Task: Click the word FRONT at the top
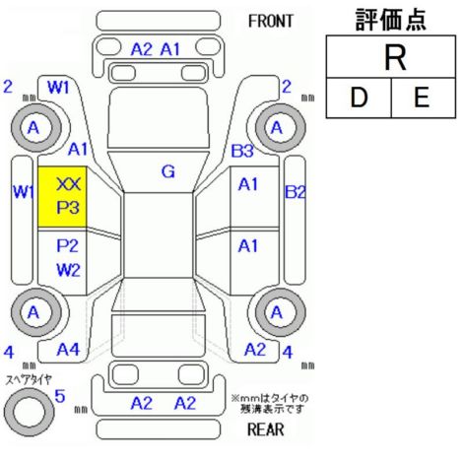[270, 22]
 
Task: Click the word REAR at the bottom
[265, 430]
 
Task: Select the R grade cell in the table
[391, 57]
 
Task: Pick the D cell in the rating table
[359, 98]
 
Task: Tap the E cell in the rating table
[424, 98]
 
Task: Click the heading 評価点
[391, 20]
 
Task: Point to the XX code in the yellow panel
[68, 184]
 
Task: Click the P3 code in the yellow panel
[68, 208]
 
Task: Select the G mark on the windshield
[168, 171]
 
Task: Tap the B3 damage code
[242, 151]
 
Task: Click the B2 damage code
[295, 192]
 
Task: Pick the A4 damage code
[68, 350]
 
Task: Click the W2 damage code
[68, 270]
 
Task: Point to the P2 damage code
[68, 245]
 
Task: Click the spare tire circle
[29, 412]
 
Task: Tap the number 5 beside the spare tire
[60, 396]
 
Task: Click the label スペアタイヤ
[29, 380]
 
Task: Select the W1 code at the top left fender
[58, 88]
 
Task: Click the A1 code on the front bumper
[170, 49]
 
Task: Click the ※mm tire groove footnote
[270, 404]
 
